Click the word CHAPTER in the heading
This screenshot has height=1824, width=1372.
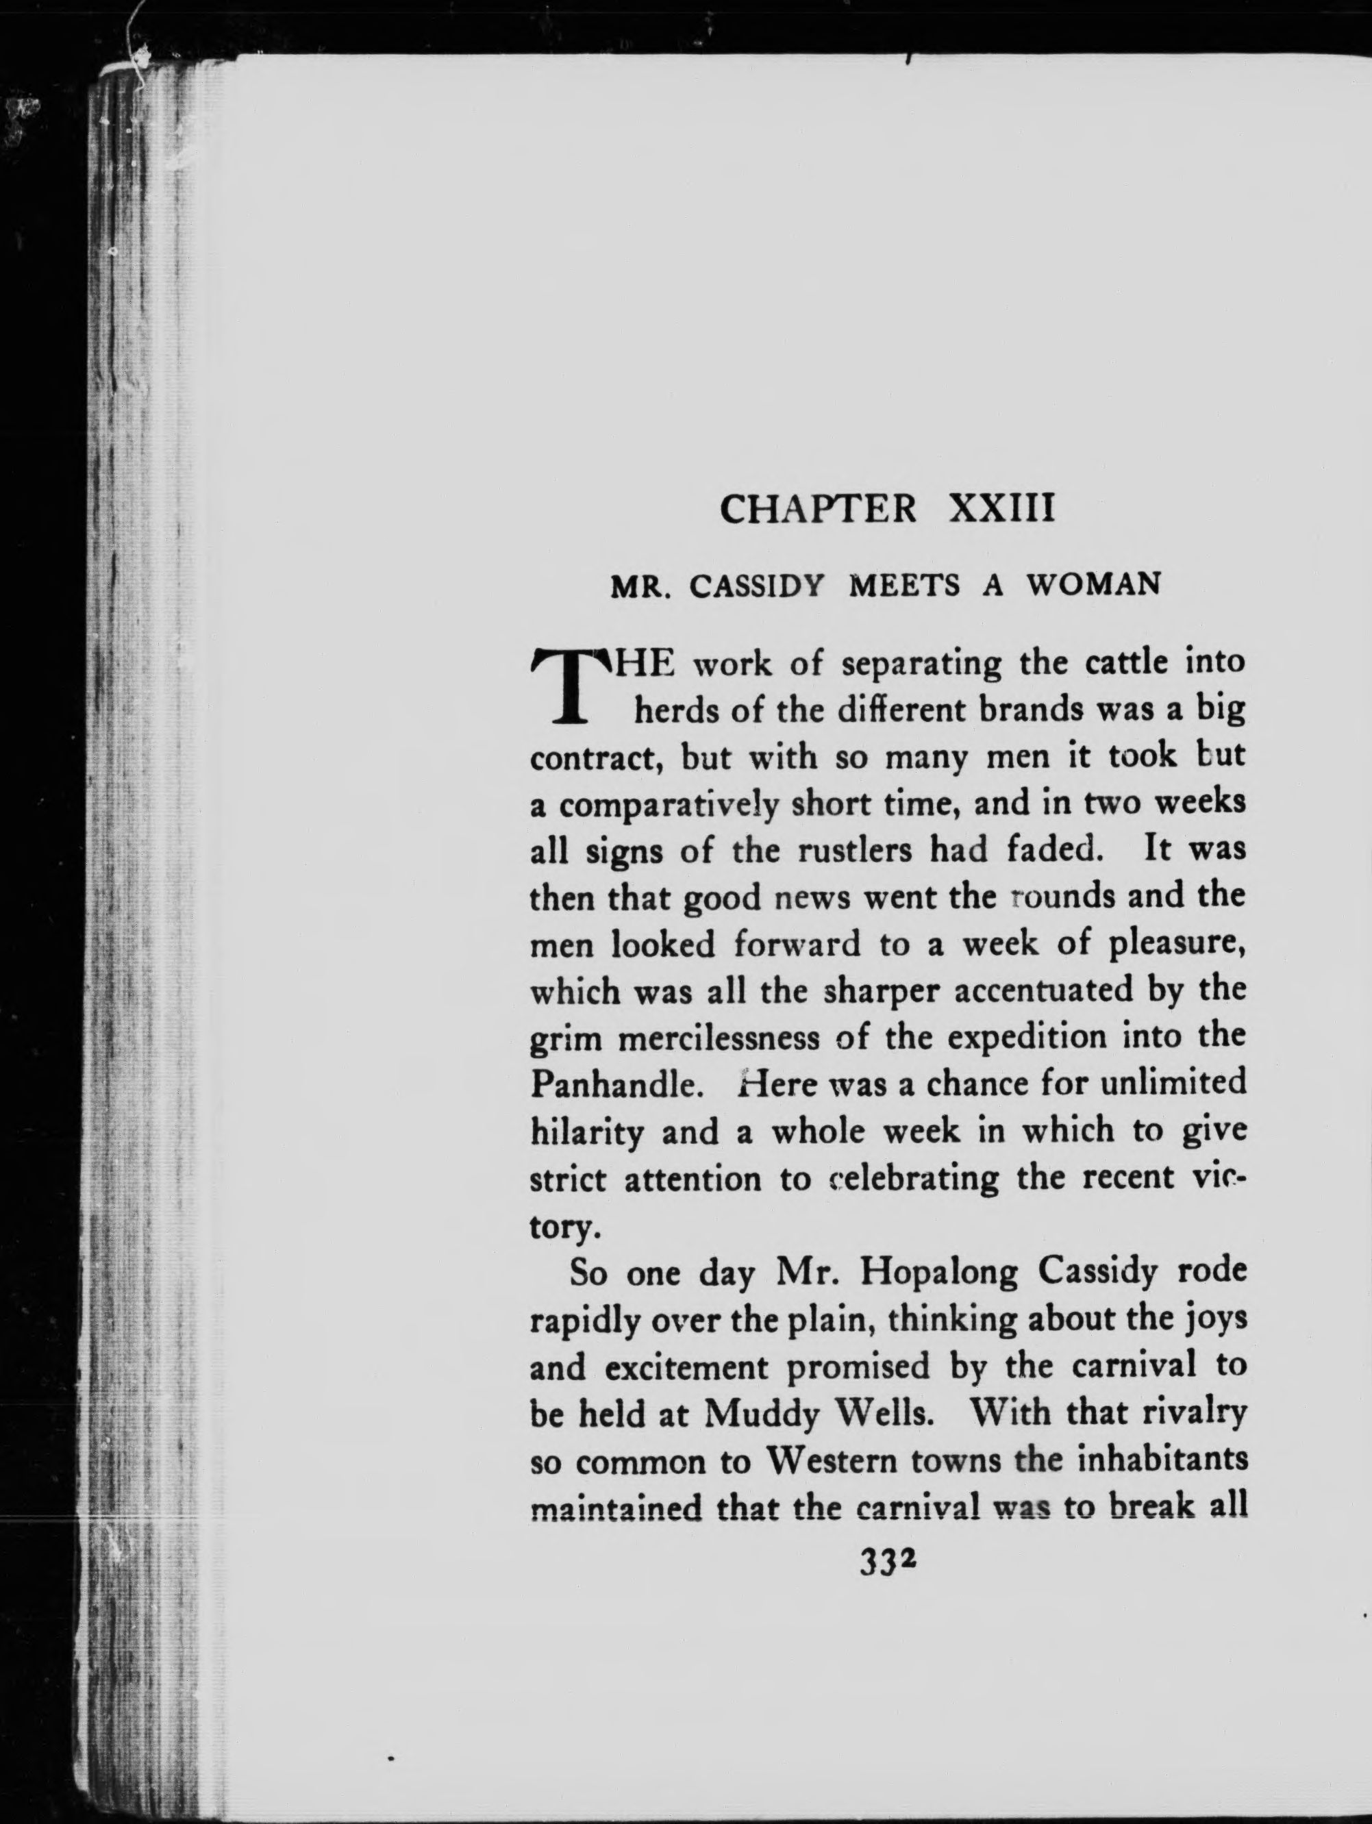818,510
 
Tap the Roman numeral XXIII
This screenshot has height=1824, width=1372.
1003,510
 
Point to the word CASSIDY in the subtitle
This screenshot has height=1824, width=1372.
757,586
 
